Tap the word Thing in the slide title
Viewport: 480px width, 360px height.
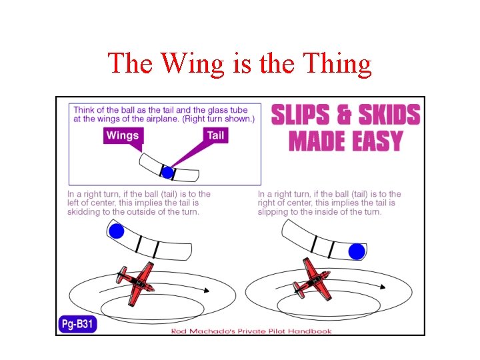coord(337,64)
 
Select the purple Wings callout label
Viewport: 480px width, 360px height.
coord(123,136)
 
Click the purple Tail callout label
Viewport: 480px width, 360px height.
coord(215,135)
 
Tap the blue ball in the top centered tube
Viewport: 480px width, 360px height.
coord(167,173)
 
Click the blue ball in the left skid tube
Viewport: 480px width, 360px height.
coord(117,232)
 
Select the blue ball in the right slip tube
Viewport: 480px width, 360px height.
coord(357,251)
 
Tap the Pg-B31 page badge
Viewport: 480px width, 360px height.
coord(77,325)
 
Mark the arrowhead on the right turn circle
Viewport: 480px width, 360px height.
coord(383,286)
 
